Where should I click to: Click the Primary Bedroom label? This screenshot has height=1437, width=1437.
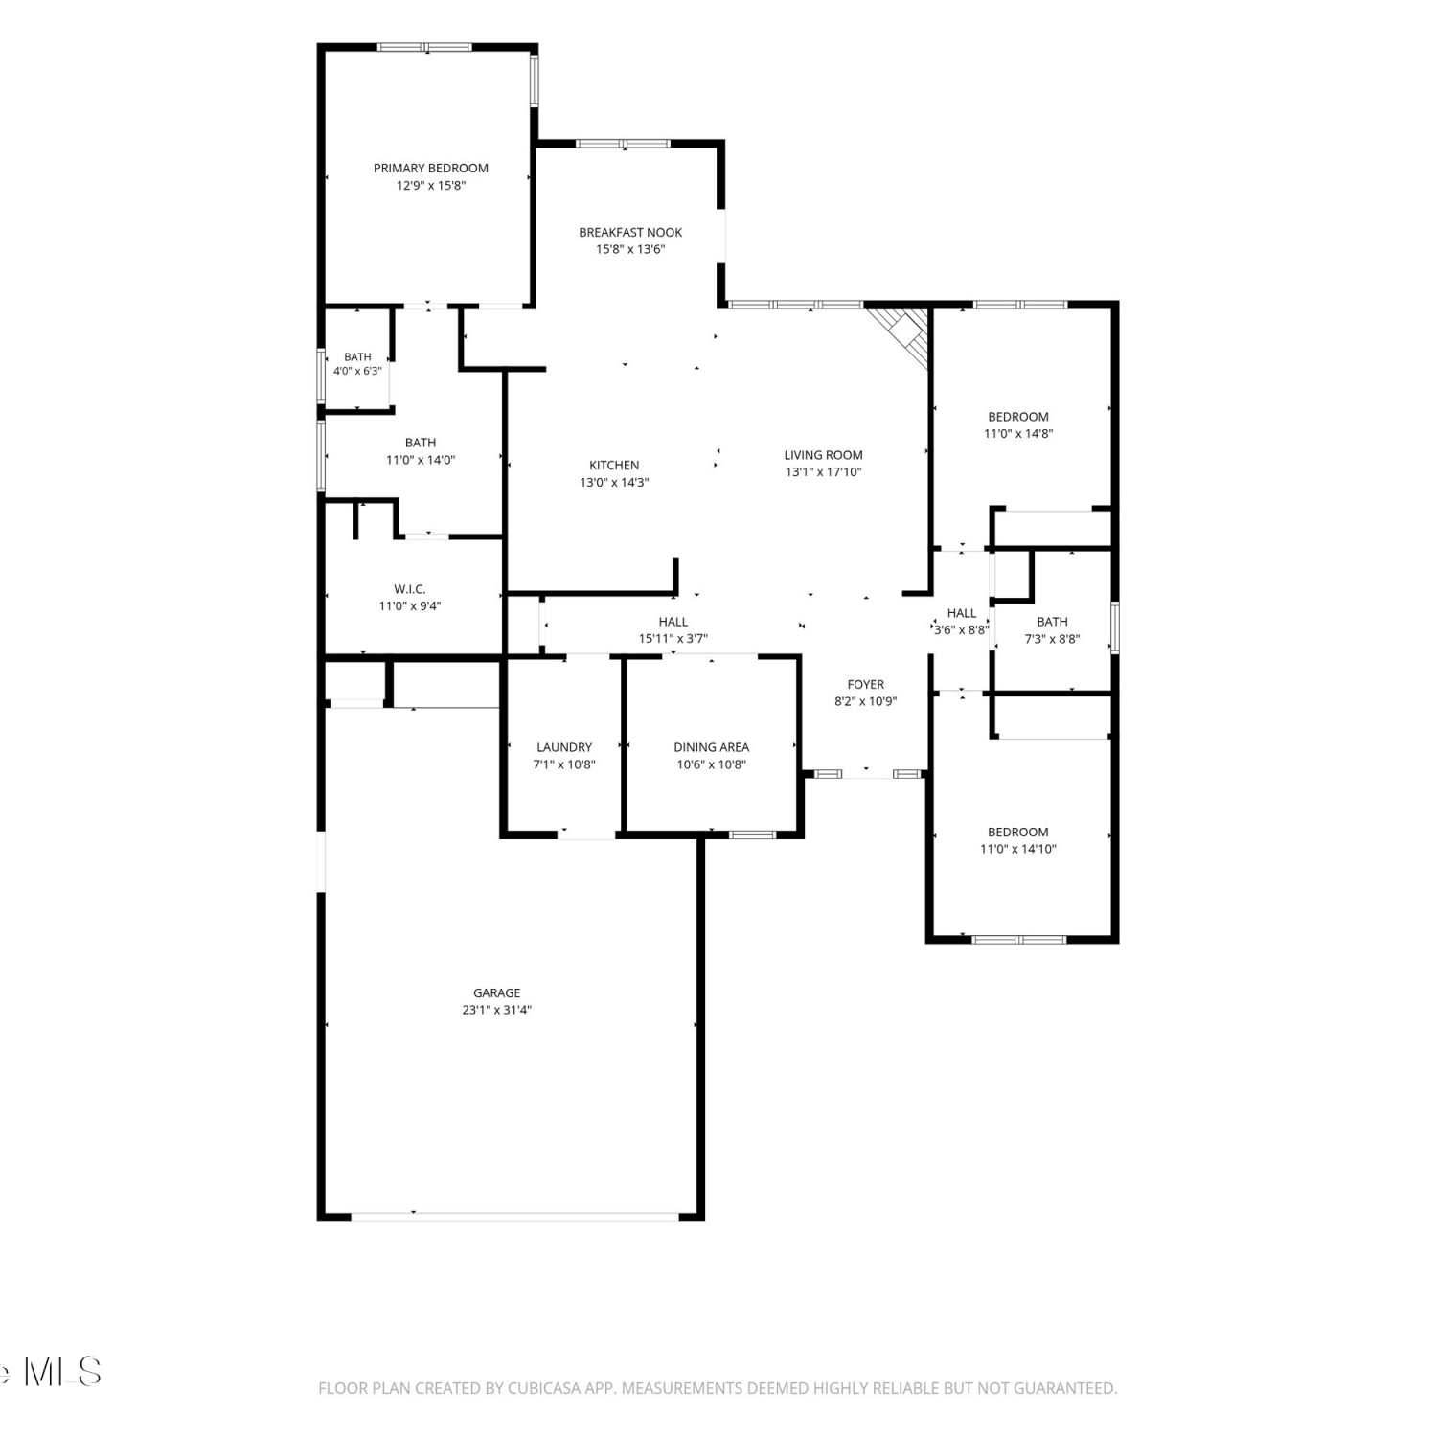[430, 169]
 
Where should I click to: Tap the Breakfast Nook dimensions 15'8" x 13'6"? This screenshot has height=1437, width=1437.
[630, 249]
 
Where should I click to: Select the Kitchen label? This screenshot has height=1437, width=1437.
[614, 466]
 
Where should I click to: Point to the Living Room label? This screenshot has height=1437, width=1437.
[823, 455]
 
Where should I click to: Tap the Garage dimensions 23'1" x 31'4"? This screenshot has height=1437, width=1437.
[496, 1010]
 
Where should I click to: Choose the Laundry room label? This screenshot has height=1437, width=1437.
[564, 747]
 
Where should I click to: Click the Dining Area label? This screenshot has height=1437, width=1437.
[711, 747]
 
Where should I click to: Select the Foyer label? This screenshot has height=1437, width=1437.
[866, 685]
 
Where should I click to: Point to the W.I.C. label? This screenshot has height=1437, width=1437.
[410, 589]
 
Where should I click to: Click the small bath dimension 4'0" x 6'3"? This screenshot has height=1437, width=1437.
[357, 371]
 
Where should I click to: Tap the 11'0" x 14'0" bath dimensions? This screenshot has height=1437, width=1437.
[421, 460]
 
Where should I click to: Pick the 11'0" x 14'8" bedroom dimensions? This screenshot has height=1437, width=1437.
[1018, 433]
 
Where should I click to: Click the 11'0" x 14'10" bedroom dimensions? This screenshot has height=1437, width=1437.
[1018, 849]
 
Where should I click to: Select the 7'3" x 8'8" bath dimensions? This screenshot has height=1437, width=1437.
[1052, 639]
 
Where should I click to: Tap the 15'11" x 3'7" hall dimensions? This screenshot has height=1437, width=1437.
[673, 639]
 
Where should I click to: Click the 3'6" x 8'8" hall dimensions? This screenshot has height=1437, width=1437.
[961, 630]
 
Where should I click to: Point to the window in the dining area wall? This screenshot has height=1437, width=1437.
[753, 834]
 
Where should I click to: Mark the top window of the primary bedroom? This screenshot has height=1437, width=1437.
[424, 46]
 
